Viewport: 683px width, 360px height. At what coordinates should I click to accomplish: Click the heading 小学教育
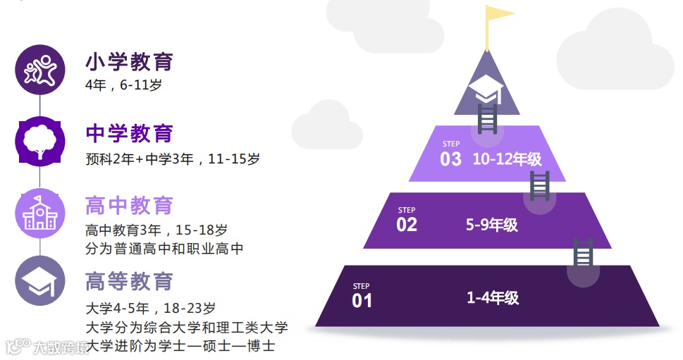129,62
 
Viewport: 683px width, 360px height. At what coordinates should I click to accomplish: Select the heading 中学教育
129,133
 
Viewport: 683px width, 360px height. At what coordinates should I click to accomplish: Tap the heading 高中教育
129,206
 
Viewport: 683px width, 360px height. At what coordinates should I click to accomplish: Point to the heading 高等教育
129,281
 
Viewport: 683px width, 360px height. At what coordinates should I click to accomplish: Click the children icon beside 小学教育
40,69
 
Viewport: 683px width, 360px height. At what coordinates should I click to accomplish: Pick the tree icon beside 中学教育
40,141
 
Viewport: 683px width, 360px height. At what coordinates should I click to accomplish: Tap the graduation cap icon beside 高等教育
40,281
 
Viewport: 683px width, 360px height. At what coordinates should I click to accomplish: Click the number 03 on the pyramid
451,159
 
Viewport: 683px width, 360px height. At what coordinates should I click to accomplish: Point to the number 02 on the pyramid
407,225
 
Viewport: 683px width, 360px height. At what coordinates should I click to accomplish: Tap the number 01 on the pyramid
362,301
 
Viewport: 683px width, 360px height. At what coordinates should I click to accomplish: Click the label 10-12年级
507,159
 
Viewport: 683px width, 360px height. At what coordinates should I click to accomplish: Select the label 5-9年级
492,225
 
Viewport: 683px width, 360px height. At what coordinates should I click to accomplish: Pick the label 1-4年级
493,298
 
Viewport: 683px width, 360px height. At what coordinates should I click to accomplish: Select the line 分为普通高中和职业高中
164,249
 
